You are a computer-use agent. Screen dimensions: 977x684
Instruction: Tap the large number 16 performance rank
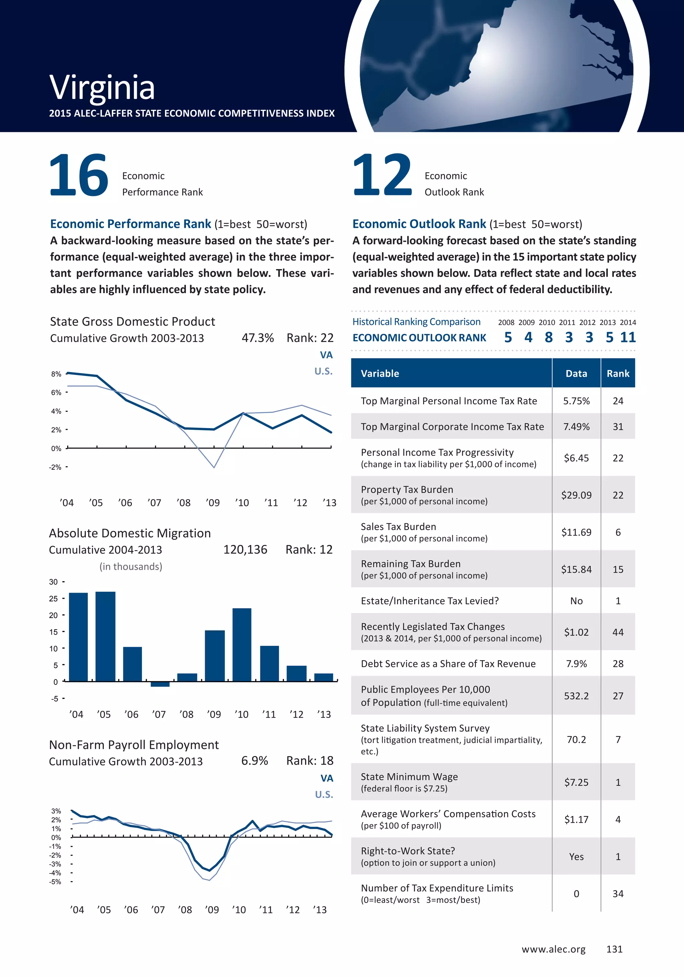[x=79, y=175]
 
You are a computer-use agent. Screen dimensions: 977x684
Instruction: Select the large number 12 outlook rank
[x=382, y=175]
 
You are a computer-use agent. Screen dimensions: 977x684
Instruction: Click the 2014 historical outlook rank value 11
[x=628, y=338]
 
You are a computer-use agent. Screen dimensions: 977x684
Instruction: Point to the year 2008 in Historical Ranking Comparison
[x=506, y=323]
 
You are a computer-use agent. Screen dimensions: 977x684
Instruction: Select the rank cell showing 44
[x=618, y=632]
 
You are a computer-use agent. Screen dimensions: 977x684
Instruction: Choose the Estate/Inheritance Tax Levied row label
[x=430, y=601]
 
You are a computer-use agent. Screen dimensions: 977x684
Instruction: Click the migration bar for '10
[x=242, y=645]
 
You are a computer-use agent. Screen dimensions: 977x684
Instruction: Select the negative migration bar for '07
[x=160, y=684]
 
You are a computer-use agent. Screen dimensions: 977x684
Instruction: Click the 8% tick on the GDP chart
[x=56, y=374]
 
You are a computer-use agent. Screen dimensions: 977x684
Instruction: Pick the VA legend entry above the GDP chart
[x=326, y=355]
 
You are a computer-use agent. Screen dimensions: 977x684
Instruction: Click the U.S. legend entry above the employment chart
[x=324, y=794]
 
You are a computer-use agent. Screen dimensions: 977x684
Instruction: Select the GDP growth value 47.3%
[x=258, y=338]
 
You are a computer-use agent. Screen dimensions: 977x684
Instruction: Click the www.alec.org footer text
[x=553, y=949]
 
